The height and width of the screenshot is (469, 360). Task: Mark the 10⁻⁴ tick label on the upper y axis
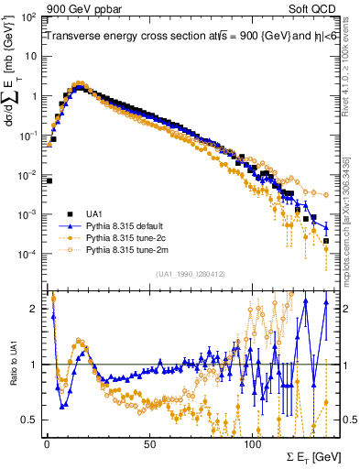point(27,254)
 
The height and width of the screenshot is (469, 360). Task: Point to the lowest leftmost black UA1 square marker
point(49,180)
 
